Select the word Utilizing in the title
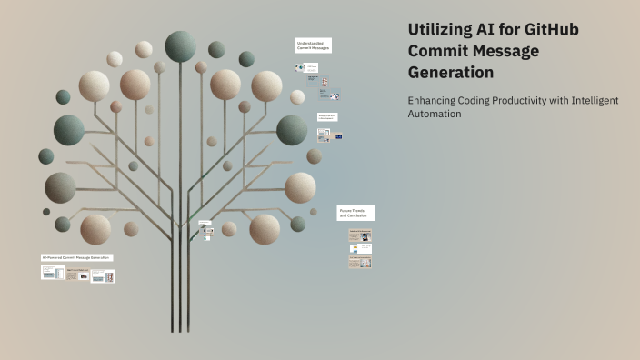click(441, 30)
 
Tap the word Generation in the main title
click(451, 72)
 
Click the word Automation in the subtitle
click(435, 115)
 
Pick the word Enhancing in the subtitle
click(431, 101)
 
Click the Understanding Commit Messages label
click(312, 45)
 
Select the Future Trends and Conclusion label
click(355, 212)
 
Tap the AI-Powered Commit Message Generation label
click(76, 257)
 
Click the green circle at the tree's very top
click(180, 45)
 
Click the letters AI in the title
click(495, 30)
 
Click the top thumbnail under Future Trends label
click(360, 236)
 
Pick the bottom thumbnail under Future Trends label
click(360, 262)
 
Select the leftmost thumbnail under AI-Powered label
click(53, 273)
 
